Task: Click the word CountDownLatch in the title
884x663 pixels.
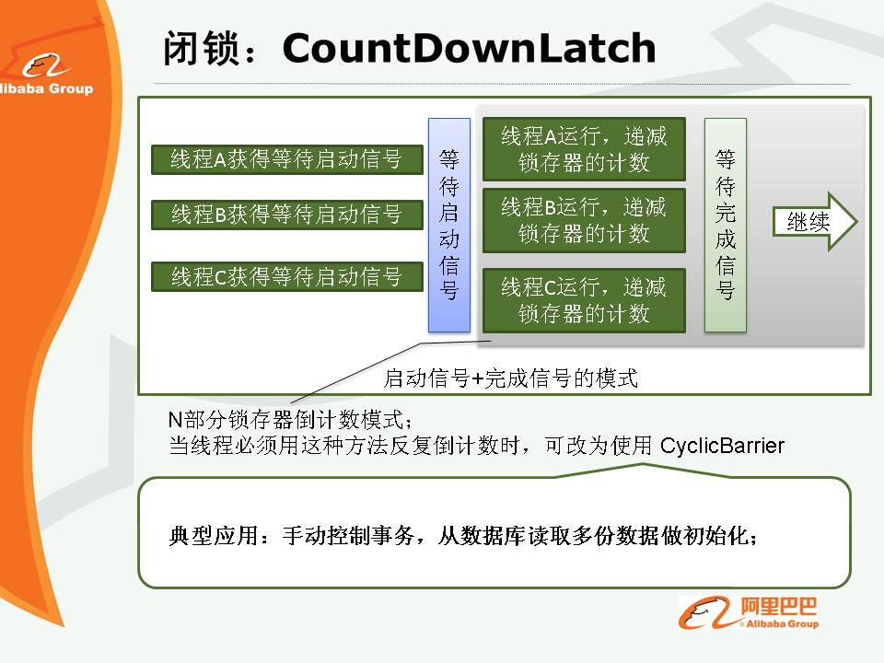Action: [x=469, y=48]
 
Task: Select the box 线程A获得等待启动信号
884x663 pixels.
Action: [x=287, y=159]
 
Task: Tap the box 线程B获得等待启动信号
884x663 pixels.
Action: [x=287, y=215]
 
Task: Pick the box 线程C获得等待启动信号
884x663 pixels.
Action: [x=287, y=277]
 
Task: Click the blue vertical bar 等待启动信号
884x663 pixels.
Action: [x=449, y=225]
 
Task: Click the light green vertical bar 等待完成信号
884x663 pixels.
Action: [x=726, y=225]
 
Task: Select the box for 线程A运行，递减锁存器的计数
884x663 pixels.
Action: [x=584, y=149]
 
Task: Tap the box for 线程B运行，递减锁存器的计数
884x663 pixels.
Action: [x=584, y=220]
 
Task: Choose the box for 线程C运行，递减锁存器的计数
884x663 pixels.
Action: [x=584, y=300]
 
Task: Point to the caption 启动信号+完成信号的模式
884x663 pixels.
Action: [x=510, y=378]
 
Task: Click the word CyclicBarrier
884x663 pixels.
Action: [x=722, y=446]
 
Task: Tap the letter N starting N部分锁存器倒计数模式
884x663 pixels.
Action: [x=175, y=420]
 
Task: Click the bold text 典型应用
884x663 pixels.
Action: [x=214, y=536]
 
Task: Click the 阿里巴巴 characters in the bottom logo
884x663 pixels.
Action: [x=779, y=607]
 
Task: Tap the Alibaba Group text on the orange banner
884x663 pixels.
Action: [x=46, y=88]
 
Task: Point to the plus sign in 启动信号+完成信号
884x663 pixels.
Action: [x=477, y=378]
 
